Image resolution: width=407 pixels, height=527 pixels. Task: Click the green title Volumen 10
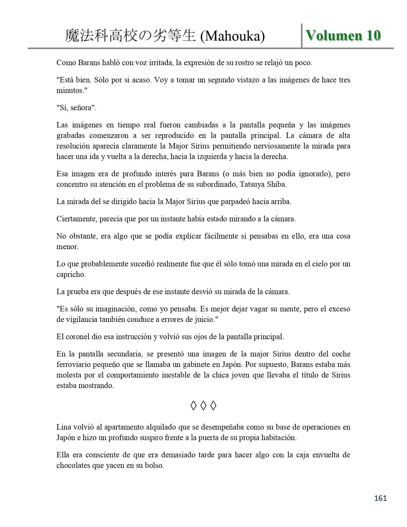343,35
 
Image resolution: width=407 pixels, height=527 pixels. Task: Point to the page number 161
380,498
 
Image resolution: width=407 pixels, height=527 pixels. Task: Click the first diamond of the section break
193,406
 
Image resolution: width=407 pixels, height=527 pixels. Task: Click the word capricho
71,274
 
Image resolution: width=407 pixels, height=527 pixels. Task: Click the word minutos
71,90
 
